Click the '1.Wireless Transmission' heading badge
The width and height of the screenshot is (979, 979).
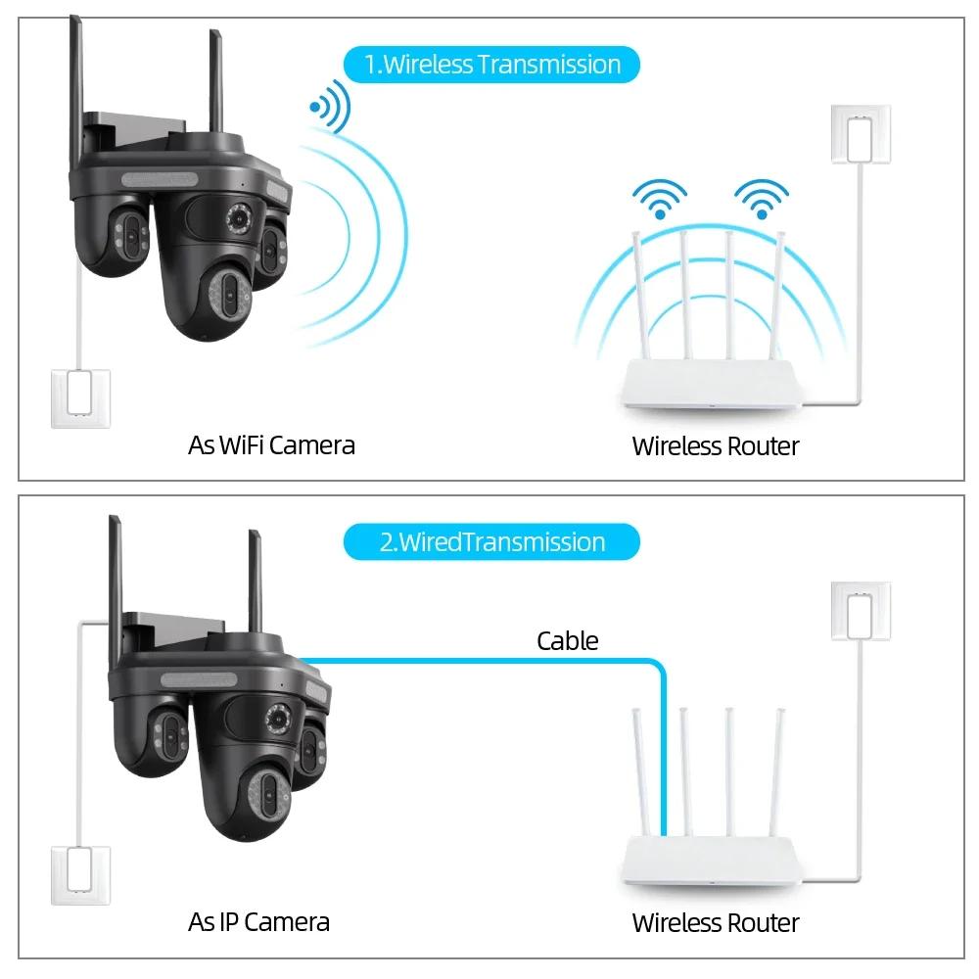tap(491, 65)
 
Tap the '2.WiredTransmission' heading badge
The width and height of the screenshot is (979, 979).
tap(491, 541)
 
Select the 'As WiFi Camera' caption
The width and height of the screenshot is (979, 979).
tap(271, 445)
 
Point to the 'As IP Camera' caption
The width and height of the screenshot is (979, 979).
tap(258, 921)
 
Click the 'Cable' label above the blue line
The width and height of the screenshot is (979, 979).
tap(567, 641)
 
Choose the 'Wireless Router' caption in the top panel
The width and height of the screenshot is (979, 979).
tap(715, 446)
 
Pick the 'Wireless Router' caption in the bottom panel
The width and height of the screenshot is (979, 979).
tap(715, 922)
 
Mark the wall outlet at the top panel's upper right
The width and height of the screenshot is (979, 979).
tap(862, 134)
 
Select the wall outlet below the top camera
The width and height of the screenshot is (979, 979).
tap(81, 396)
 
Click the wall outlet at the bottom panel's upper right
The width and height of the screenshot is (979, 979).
tap(862, 612)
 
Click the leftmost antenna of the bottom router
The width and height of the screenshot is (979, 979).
tap(637, 773)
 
